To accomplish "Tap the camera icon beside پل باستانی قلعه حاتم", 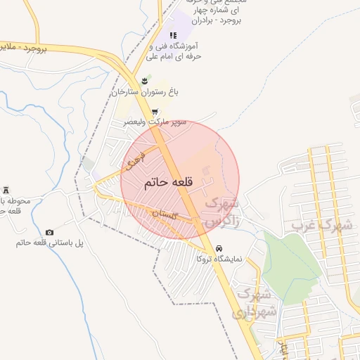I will (49, 233).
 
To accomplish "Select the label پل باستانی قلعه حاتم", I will (49, 243).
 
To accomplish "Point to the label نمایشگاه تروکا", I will (219, 259).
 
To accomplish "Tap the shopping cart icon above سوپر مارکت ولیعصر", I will (155, 112).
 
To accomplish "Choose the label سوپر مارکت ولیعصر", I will (155, 122).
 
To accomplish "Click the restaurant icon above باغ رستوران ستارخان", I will (145, 82).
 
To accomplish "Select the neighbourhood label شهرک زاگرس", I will (221, 212).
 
